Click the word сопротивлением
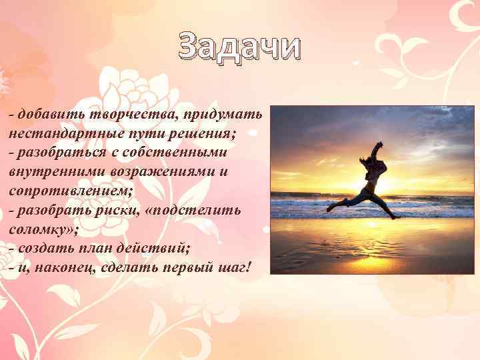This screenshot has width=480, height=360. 71,191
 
